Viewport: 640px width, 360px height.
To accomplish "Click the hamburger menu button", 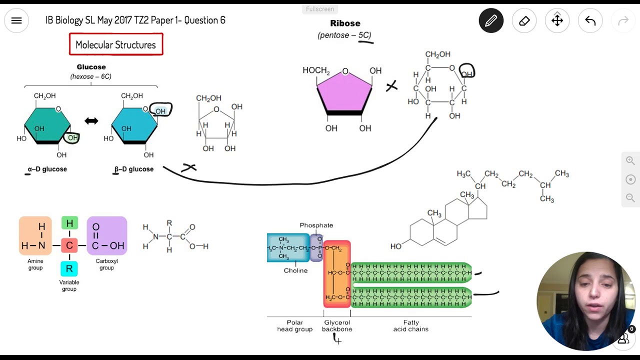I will click(16, 20).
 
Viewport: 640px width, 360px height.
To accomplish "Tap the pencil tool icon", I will click(491, 20).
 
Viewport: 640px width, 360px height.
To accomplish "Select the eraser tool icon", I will click(524, 20).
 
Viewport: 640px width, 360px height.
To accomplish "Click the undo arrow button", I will click(590, 20).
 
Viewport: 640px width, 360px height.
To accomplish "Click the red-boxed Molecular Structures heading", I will click(116, 44).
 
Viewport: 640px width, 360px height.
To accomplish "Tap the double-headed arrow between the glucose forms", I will click(91, 121).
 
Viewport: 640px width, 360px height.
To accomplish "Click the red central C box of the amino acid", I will click(69, 245).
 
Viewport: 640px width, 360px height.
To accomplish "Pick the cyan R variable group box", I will click(69, 268).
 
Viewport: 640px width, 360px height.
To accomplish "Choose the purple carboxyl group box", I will click(107, 236).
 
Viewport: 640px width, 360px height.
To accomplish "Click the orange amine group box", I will click(35, 236).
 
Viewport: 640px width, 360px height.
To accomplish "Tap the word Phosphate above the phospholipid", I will click(316, 225).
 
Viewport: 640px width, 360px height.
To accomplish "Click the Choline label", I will click(295, 270).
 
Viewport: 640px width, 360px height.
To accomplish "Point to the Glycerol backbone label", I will click(337, 326).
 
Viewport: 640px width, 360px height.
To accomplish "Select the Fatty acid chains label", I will click(410, 326).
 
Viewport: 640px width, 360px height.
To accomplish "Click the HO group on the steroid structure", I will click(396, 246).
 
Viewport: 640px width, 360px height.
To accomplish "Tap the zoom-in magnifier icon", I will click(630, 161).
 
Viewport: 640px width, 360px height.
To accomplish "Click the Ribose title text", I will click(345, 23).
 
